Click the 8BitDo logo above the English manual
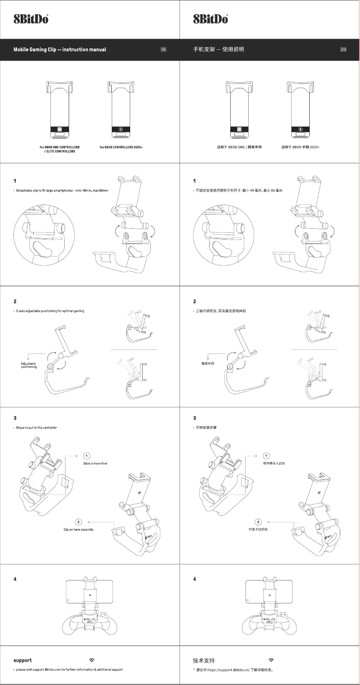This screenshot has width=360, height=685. (31, 19)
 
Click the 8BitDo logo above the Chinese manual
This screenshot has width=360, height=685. (211, 19)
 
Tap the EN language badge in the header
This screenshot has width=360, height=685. (163, 49)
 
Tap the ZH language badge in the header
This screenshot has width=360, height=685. (343, 49)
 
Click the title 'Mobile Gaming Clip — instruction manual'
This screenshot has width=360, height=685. (60, 49)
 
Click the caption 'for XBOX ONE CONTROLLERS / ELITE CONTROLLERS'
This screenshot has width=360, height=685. (60, 149)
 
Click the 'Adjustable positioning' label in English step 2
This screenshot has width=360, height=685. (28, 365)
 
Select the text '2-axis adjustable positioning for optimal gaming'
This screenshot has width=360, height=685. (50, 311)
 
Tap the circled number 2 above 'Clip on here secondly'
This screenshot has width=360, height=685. (79, 522)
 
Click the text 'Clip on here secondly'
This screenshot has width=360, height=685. (79, 530)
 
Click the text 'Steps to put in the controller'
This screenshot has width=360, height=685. (36, 428)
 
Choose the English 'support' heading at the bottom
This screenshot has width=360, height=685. (22, 660)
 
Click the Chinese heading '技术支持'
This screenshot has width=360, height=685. (204, 660)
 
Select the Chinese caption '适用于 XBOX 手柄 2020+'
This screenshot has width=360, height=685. (300, 147)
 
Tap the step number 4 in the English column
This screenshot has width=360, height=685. (15, 579)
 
